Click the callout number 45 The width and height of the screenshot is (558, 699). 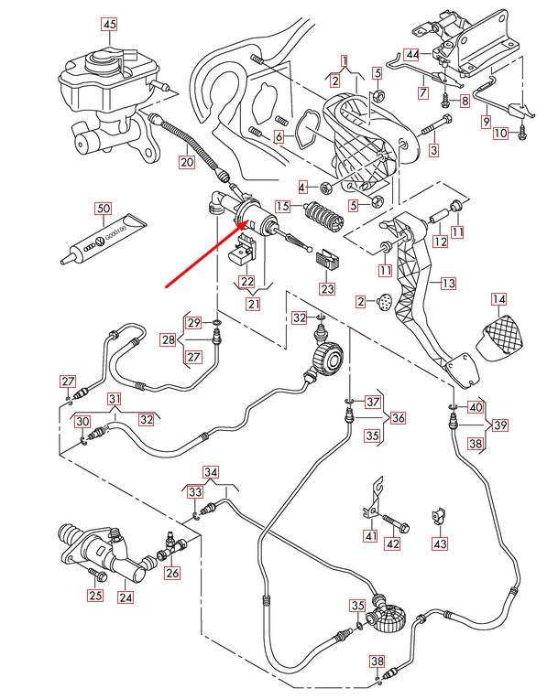109,23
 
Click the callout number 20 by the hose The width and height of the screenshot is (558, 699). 186,163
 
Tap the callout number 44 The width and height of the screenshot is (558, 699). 413,55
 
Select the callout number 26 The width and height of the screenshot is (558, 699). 172,574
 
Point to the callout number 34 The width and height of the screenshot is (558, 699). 212,473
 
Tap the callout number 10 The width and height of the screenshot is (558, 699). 499,134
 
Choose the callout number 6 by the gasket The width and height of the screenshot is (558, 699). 279,136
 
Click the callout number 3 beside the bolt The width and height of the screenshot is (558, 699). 433,149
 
